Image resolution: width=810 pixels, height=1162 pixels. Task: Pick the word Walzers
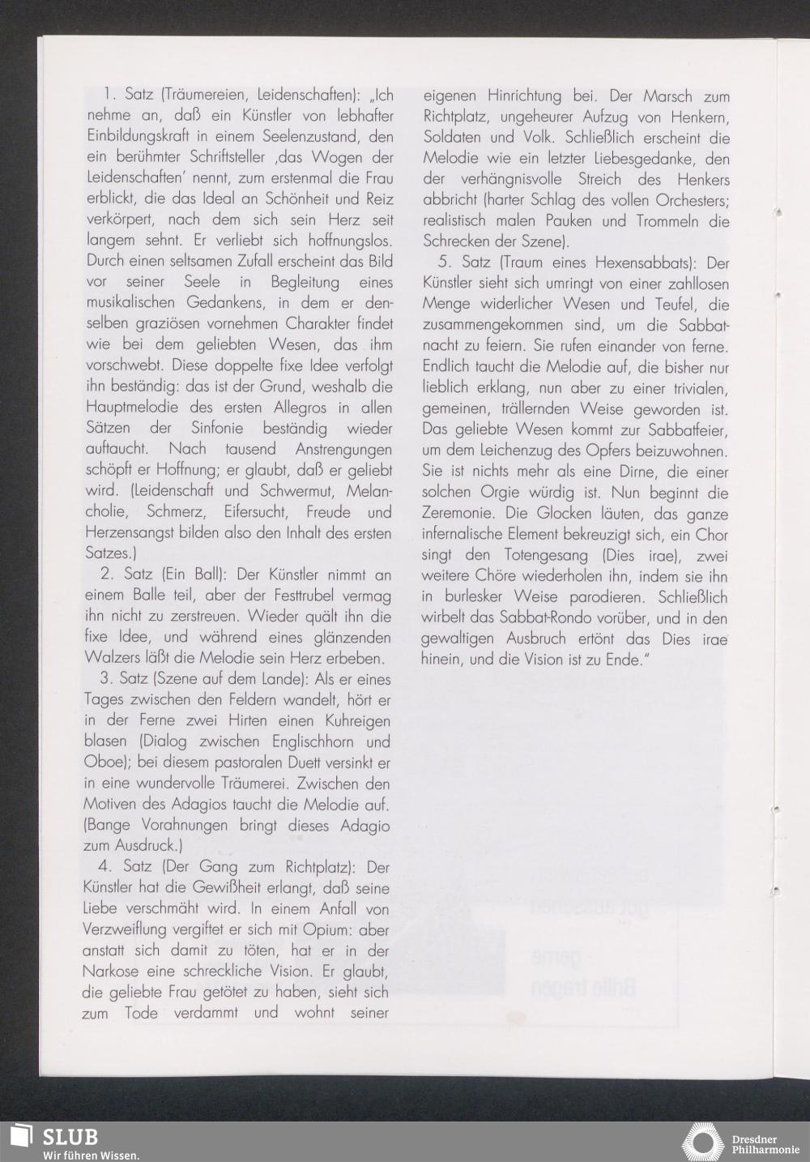click(112, 658)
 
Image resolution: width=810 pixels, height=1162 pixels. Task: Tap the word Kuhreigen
click(353, 721)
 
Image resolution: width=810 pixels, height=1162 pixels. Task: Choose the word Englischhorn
click(302, 741)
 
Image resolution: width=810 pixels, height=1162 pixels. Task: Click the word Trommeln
click(652, 220)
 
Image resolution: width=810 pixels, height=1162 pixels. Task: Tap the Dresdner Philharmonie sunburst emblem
click(701, 1142)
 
